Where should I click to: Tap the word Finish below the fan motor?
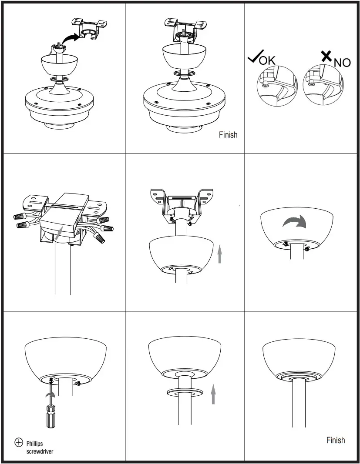tap(228, 135)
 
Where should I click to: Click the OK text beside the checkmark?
tap(267, 60)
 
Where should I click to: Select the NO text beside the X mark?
tap(342, 63)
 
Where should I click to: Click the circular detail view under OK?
tap(276, 86)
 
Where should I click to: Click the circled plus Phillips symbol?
tap(19, 443)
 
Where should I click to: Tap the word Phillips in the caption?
tap(35, 444)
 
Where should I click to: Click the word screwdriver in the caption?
tap(40, 451)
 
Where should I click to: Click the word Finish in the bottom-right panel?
tap(336, 440)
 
